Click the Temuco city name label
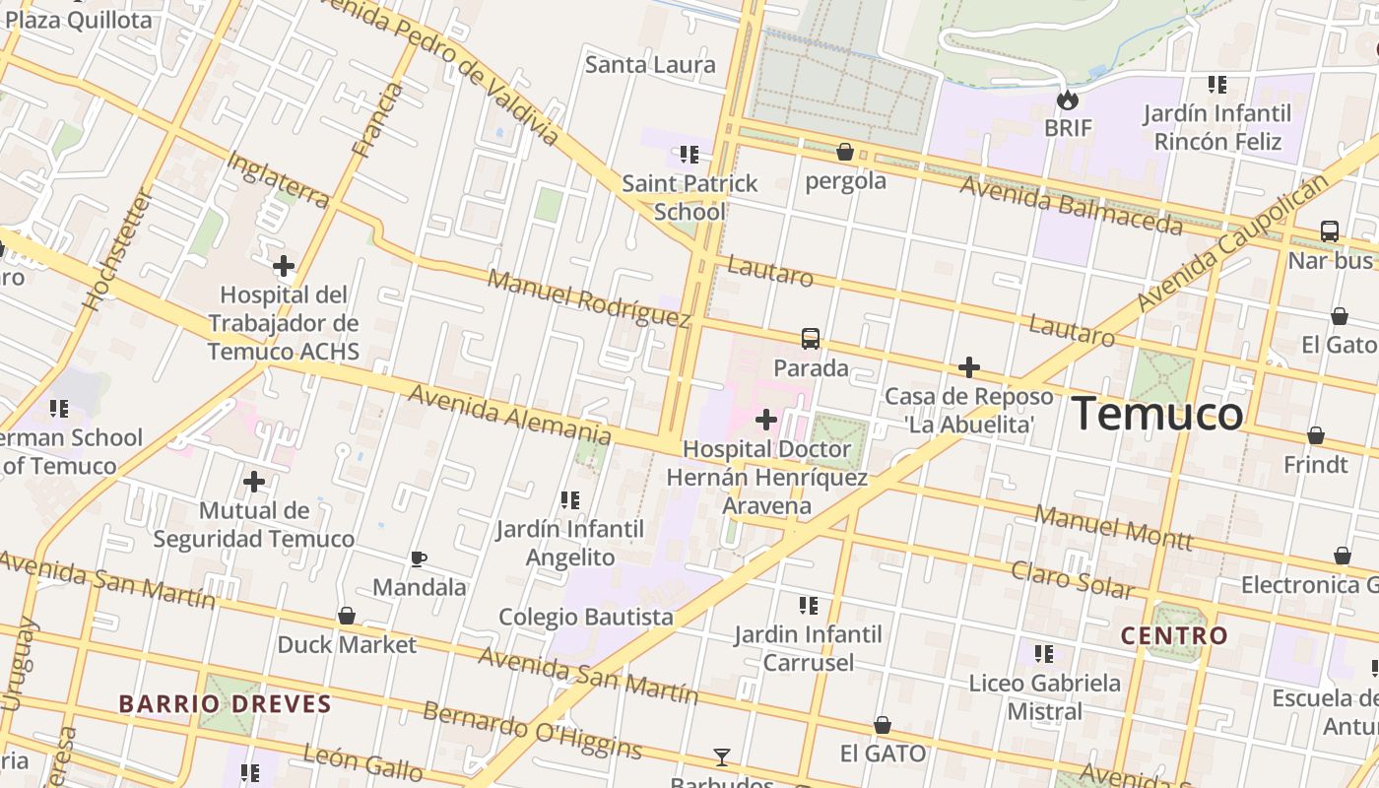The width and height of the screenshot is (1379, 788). (x=1157, y=413)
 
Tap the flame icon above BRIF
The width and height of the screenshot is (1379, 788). (x=1068, y=99)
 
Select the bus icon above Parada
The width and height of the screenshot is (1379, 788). (x=811, y=339)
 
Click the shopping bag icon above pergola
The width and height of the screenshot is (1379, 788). (x=844, y=152)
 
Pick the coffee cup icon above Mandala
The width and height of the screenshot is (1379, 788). (x=419, y=558)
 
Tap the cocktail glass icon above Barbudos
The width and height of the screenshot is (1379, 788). (x=722, y=756)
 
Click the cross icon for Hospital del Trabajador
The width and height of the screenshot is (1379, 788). (x=284, y=266)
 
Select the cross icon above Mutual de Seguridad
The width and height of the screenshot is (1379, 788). (x=254, y=482)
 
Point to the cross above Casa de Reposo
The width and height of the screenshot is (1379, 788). (x=969, y=367)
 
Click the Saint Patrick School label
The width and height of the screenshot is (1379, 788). (x=689, y=197)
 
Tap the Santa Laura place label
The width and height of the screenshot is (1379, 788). (x=650, y=65)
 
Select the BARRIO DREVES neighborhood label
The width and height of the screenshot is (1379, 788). (x=225, y=703)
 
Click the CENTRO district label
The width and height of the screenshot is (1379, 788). (x=1175, y=635)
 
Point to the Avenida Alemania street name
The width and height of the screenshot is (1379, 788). (x=508, y=414)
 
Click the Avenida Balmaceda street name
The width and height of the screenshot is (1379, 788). (x=1071, y=206)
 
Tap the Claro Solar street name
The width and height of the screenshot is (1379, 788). (x=1073, y=579)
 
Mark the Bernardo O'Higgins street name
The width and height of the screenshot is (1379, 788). (x=532, y=730)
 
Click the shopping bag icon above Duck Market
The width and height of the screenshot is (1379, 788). (x=347, y=616)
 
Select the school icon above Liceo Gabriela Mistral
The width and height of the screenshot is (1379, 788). (x=1044, y=653)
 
